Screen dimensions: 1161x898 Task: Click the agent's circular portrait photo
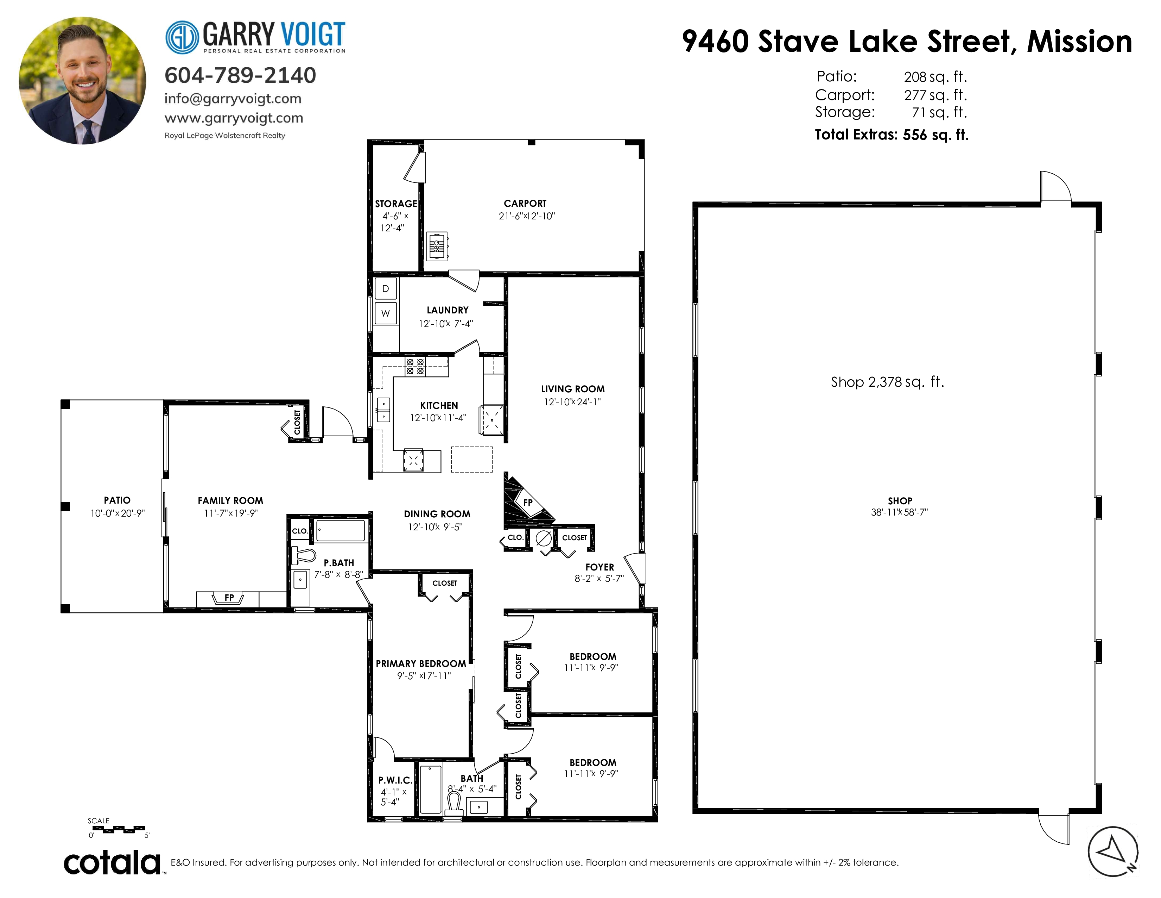pos(82,80)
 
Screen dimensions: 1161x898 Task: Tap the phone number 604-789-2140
pos(240,75)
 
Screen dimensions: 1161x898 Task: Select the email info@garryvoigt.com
pos(233,98)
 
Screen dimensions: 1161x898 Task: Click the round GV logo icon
pos(182,37)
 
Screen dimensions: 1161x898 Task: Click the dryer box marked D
pos(385,288)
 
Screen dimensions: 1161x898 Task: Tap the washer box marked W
pos(385,313)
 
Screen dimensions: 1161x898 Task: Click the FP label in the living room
pos(528,502)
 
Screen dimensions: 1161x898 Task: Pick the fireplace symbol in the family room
pos(229,598)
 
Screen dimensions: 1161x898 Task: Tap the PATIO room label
pos(117,500)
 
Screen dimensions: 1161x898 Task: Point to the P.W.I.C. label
pos(395,780)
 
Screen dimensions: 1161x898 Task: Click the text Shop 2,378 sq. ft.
pos(887,382)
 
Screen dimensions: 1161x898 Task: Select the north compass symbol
pos(1112,852)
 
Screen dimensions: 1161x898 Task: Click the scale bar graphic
pos(118,828)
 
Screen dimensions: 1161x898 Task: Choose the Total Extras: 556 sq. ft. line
pos(892,135)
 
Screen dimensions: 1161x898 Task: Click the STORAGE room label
pos(396,204)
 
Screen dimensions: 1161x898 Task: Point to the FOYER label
pos(599,567)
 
